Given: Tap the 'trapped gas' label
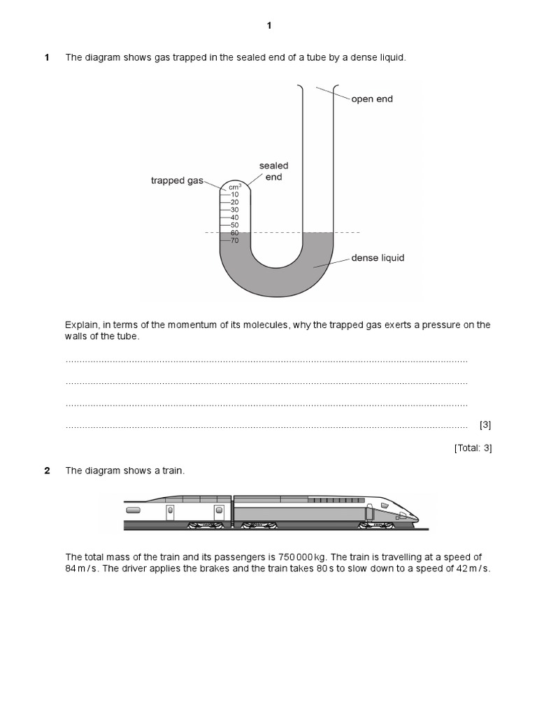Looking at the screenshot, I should pos(177,180).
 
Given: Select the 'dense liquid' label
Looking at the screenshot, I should pos(378,258).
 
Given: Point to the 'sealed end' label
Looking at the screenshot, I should pos(273,171).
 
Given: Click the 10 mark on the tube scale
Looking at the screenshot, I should pos(234,194).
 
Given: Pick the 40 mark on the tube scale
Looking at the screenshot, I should pos(234,217).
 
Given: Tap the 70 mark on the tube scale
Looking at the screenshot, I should pos(234,241).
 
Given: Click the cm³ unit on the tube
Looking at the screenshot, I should pos(235,187).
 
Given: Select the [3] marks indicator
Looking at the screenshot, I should pos(485,424).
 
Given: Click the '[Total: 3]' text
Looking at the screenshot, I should pos(473,448).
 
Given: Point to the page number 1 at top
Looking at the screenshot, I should pos(268,26).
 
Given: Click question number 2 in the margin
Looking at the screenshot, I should pos(47,471).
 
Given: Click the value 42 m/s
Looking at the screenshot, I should pos(473,568).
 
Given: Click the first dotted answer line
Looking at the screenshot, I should pos(266,361).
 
